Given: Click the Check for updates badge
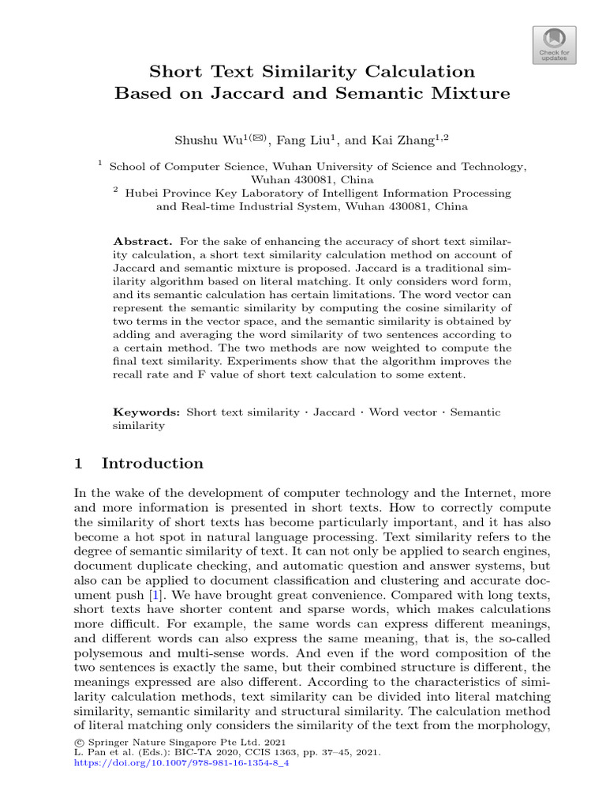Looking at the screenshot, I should click(x=555, y=44).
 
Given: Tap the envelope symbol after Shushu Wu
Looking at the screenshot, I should click(x=258, y=138).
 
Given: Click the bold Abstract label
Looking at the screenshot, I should click(x=142, y=241).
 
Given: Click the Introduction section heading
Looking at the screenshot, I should click(x=152, y=464).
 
